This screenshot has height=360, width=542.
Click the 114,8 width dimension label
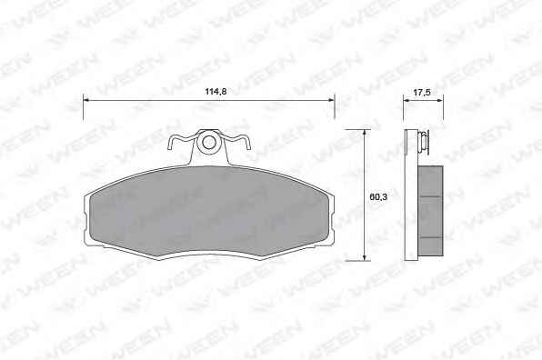click(x=216, y=92)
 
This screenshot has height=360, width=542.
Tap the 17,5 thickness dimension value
click(x=422, y=92)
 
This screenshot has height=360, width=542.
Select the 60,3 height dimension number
click(x=378, y=197)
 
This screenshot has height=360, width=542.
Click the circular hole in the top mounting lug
click(x=208, y=142)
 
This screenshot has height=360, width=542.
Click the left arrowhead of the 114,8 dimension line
click(x=86, y=100)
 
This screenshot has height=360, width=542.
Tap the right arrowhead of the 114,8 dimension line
click(x=331, y=100)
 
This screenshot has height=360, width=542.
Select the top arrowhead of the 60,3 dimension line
click(x=364, y=133)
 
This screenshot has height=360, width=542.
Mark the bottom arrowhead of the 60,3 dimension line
click(x=364, y=257)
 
